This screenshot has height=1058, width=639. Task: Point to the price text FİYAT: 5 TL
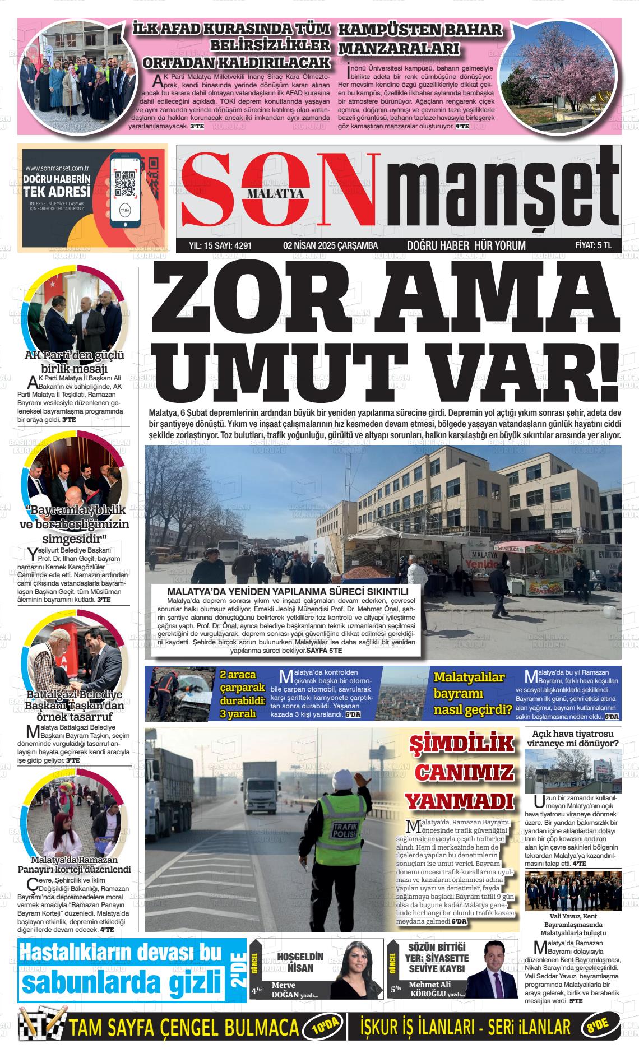pos(593,245)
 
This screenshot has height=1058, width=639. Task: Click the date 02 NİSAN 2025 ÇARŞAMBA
pos(331,245)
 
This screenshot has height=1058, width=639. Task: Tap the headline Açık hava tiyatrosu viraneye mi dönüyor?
pos(572,739)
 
